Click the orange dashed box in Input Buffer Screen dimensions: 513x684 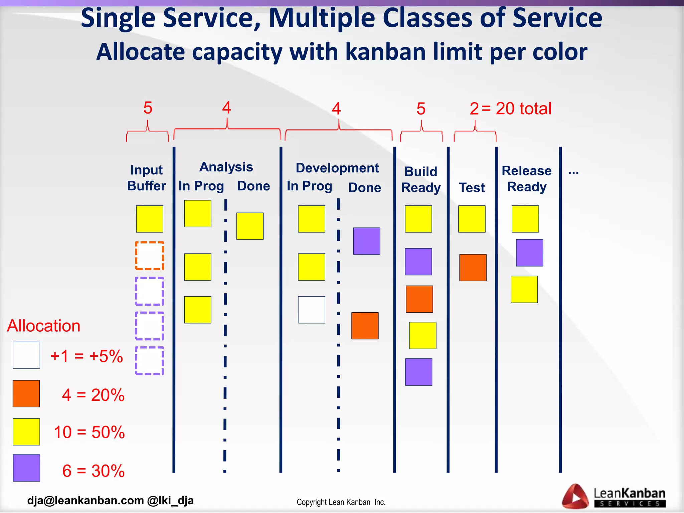pos(149,255)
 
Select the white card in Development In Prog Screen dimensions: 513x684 pos(311,310)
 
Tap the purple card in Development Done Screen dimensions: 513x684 pos(366,241)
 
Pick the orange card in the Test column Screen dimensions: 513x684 pos(473,268)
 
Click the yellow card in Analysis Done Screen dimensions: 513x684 pos(250,226)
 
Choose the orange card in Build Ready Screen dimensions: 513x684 pos(419,299)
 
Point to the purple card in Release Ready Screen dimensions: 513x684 pos(529,253)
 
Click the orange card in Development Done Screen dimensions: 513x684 pos(365,326)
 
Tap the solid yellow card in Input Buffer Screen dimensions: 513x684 pos(149,219)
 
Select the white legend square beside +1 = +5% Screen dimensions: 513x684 pos(26,355)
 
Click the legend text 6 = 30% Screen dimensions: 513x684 pos(93,471)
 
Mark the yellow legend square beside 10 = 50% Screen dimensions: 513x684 pos(26,432)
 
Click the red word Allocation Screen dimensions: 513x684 pos(44,326)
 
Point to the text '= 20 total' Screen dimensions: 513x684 pos(516,109)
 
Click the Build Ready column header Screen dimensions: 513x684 pos(421,179)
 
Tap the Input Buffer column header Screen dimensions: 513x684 pos(146,178)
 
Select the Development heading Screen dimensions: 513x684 pos(337,168)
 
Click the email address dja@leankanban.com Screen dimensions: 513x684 pos(85,500)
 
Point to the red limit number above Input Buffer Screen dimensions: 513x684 pos(148,108)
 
